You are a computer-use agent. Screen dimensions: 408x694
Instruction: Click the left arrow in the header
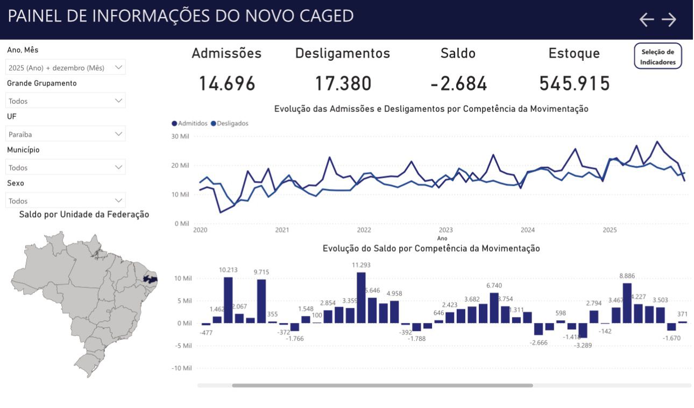[x=646, y=20]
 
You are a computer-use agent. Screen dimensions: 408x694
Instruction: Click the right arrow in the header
[x=669, y=20]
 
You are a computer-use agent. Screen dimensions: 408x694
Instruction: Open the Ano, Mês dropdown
[x=66, y=67]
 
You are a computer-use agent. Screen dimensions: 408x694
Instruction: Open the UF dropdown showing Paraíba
[x=66, y=134]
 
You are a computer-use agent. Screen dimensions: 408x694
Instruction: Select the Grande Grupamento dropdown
[x=66, y=101]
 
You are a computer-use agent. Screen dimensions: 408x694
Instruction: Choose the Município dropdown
[x=66, y=167]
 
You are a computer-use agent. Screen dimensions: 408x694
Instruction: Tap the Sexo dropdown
[x=66, y=201]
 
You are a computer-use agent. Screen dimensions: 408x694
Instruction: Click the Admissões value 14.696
[x=226, y=84]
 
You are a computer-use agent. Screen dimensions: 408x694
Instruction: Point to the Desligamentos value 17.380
[x=343, y=84]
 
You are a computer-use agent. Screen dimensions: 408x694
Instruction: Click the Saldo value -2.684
[x=458, y=84]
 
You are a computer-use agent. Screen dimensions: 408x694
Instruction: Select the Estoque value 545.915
[x=574, y=84]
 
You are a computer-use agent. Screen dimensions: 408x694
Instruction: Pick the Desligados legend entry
[x=230, y=123]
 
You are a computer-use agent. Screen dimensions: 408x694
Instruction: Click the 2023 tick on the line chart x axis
[x=445, y=230]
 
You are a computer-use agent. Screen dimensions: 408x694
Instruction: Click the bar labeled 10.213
[x=228, y=300]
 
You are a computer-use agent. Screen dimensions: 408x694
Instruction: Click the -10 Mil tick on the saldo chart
[x=181, y=368]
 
